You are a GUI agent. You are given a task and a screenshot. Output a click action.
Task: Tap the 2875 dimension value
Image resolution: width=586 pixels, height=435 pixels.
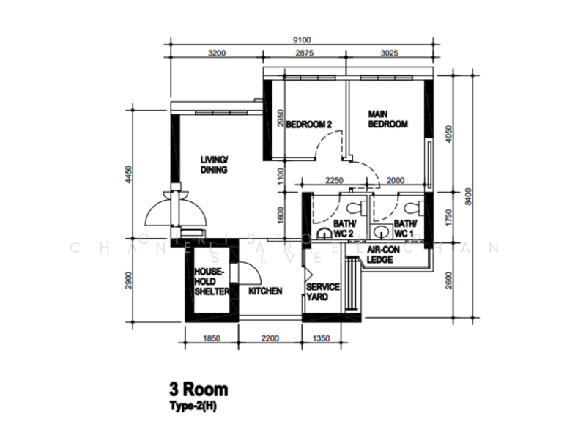click(305, 53)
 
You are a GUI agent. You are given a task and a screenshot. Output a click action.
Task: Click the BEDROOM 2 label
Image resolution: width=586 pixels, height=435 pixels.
click(308, 125)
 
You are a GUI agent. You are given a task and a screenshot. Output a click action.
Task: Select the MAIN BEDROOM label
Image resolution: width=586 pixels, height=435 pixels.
click(387, 120)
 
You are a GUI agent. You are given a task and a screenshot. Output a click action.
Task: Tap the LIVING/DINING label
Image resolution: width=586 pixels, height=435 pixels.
click(215, 165)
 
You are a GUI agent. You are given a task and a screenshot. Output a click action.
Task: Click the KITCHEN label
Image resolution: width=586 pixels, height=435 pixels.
click(265, 291)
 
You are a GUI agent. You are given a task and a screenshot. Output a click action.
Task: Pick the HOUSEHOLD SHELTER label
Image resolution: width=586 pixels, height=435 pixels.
click(212, 281)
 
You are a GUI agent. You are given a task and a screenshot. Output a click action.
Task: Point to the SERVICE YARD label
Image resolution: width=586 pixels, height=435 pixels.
click(322, 291)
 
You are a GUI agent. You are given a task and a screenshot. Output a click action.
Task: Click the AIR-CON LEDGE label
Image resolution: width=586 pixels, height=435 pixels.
click(383, 254)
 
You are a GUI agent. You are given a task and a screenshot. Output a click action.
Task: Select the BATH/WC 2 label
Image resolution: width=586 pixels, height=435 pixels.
click(344, 228)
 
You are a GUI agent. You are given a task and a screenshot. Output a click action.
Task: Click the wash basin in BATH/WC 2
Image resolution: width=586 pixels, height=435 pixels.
click(324, 234)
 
